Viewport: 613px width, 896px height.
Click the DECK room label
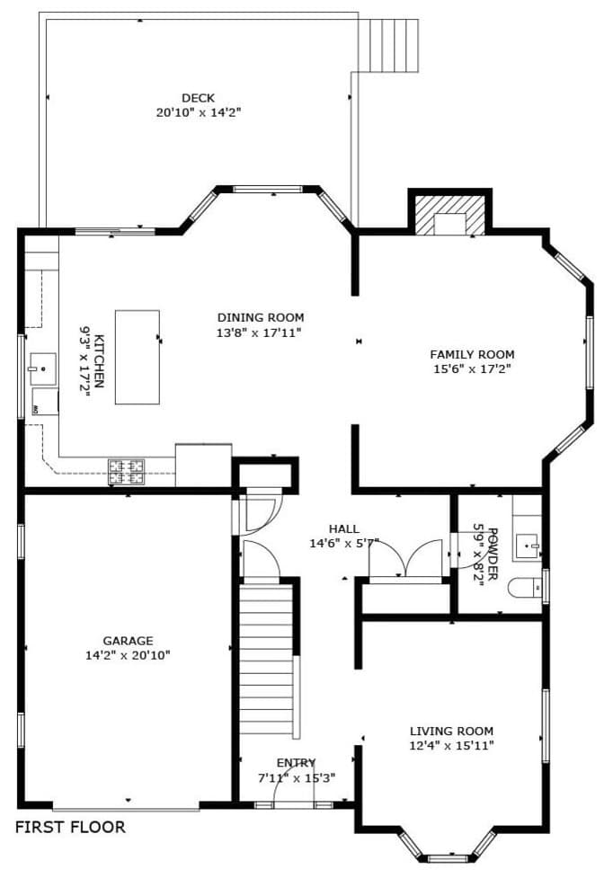pos(198,98)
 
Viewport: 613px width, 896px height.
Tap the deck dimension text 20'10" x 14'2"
pos(198,112)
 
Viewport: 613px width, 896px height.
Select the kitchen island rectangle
pos(137,357)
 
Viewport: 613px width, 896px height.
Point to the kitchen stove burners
pos(127,467)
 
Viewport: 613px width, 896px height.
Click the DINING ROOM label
pos(261,317)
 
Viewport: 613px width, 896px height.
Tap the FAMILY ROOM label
pos(472,354)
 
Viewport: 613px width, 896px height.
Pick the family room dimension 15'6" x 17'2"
pos(472,368)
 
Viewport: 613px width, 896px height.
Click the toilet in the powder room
pos(526,588)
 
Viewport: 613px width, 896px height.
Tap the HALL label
pos(343,529)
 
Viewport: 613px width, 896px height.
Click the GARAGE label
pos(128,641)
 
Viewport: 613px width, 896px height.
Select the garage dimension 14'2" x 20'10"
pos(128,655)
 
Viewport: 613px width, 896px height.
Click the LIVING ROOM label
pos(451,732)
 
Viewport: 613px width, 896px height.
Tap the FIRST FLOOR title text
pos(71,827)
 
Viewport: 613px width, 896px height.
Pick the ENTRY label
pos(296,763)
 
